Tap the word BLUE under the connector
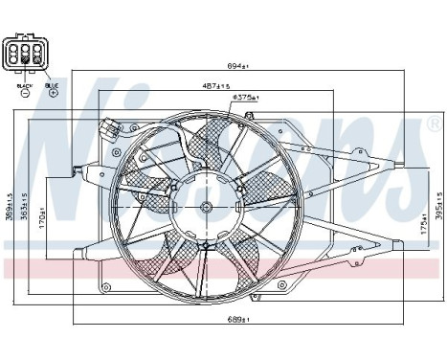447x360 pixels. (52, 85)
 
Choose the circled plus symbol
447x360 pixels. (52, 95)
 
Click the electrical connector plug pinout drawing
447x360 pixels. (25, 55)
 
